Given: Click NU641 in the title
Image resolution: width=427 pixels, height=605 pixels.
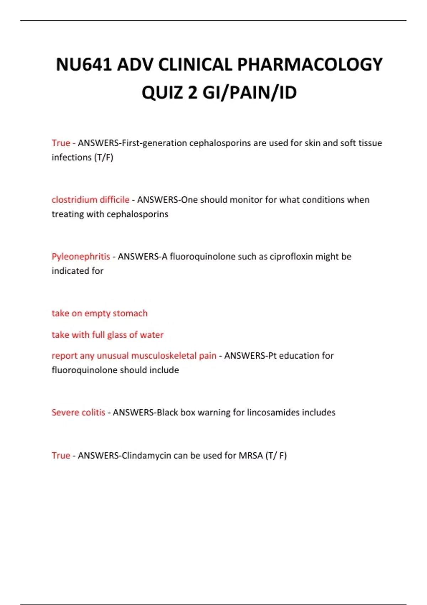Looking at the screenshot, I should click(x=84, y=65).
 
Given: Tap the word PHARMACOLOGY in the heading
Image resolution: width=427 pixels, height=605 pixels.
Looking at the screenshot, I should click(x=310, y=65).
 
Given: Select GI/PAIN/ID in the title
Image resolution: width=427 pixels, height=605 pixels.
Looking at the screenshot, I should click(x=249, y=93).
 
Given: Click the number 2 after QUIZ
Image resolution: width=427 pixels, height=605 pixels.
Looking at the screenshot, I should click(x=193, y=93).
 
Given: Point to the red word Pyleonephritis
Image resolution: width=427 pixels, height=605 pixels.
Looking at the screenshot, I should click(x=81, y=257).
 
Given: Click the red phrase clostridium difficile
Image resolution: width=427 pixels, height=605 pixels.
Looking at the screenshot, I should click(x=90, y=200).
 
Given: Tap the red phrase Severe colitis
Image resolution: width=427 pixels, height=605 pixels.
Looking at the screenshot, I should click(x=78, y=412).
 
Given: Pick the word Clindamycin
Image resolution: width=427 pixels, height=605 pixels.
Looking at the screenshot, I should click(x=147, y=456).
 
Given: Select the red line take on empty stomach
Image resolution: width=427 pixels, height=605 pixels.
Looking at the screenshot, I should click(x=100, y=313).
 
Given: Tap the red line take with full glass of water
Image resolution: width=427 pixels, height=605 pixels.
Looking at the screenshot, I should click(x=107, y=335).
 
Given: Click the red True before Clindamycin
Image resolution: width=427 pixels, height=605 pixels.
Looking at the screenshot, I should click(x=60, y=456).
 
